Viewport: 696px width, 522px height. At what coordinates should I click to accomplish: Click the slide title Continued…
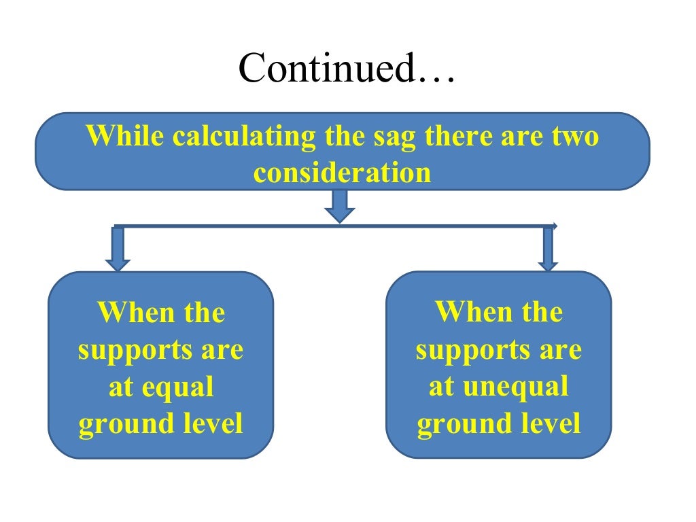click(x=347, y=69)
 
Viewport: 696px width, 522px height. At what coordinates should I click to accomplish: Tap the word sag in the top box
click(x=396, y=137)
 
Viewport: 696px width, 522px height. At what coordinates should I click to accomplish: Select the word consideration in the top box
click(x=343, y=173)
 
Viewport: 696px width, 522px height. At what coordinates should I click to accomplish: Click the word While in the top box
click(x=125, y=137)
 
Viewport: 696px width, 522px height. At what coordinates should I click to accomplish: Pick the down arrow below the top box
click(x=340, y=207)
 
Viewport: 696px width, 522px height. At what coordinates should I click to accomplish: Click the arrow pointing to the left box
click(x=118, y=249)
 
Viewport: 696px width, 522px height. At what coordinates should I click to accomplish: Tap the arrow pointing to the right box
click(x=548, y=249)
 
